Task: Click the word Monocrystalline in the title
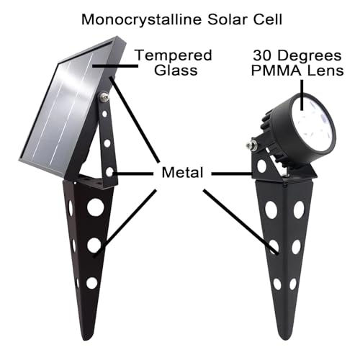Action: click(142, 20)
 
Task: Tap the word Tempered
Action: click(174, 56)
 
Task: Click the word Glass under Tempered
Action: click(176, 70)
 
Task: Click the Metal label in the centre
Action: click(182, 172)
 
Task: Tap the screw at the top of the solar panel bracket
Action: click(104, 97)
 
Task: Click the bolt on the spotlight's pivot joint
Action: click(251, 145)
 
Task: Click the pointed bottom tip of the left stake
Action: click(86, 339)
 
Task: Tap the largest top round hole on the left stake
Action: click(96, 207)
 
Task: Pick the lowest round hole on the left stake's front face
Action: click(92, 283)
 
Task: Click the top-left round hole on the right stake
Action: click(271, 210)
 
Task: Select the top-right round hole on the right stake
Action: click(299, 210)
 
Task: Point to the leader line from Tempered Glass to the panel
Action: click(115, 66)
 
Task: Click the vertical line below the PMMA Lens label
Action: click(302, 95)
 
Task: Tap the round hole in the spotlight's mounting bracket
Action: click(261, 166)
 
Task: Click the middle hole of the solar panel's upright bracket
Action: click(107, 143)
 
